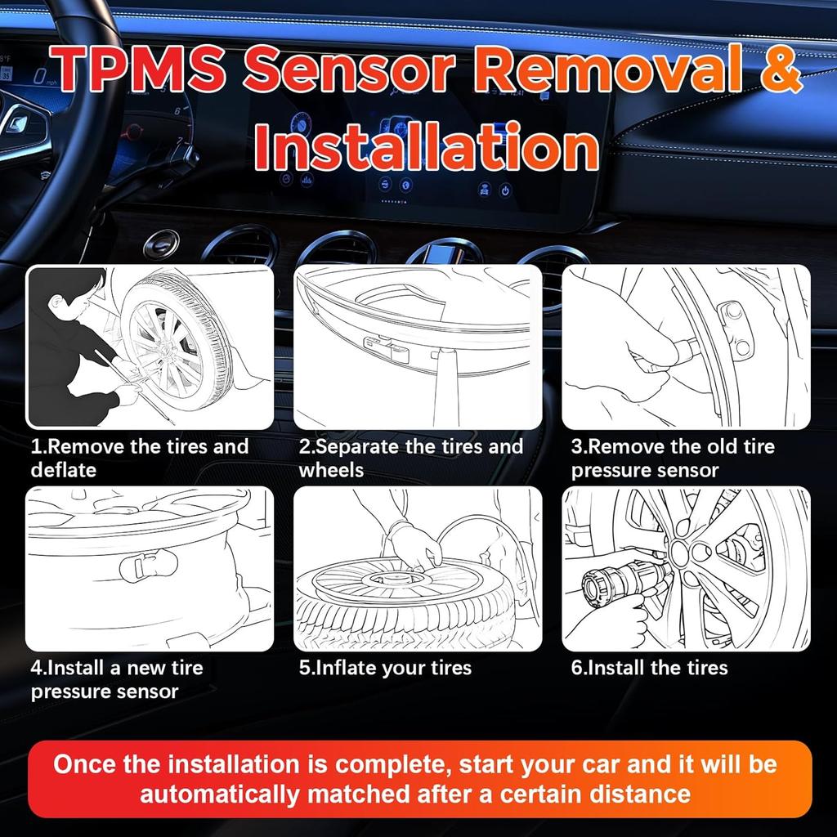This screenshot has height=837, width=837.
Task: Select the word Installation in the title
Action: point(425,147)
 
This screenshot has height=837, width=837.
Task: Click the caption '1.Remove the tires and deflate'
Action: point(139,458)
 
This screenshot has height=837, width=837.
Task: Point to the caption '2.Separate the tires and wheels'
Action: point(410,458)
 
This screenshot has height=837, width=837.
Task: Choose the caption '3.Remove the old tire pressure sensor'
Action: point(673,458)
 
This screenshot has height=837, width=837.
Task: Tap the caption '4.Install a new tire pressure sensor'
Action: point(117,679)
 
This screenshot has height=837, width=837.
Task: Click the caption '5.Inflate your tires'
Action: point(385,668)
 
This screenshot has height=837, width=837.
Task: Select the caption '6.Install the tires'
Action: point(649,668)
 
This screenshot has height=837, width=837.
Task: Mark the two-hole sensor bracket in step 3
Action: point(732,329)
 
